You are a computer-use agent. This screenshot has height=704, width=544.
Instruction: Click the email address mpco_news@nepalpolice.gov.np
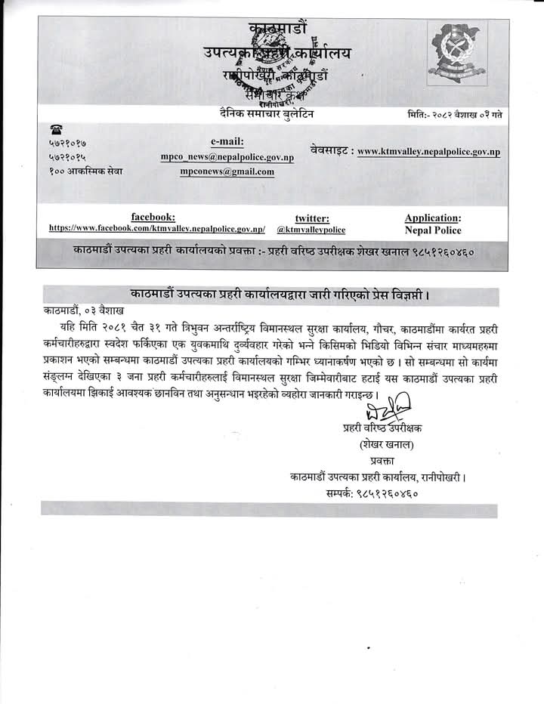coord(227,156)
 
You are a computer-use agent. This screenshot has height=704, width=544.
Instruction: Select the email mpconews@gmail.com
coord(227,171)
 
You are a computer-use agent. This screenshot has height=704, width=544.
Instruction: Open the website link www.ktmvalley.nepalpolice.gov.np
coord(428,151)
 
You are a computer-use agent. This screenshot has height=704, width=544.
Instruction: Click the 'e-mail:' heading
coord(227,140)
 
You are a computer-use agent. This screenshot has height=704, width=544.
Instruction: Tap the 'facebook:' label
coord(153,216)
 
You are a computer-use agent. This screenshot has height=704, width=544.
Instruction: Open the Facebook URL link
coord(157,227)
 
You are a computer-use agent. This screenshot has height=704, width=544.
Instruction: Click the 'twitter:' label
coord(311,218)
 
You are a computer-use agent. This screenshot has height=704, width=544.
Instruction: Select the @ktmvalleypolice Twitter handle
coord(311,229)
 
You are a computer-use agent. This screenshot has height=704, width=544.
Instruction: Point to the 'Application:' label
coord(433,218)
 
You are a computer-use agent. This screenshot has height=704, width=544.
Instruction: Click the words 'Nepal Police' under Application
coord(433,230)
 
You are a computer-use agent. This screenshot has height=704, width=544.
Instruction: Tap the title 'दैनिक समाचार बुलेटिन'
coord(263,114)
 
